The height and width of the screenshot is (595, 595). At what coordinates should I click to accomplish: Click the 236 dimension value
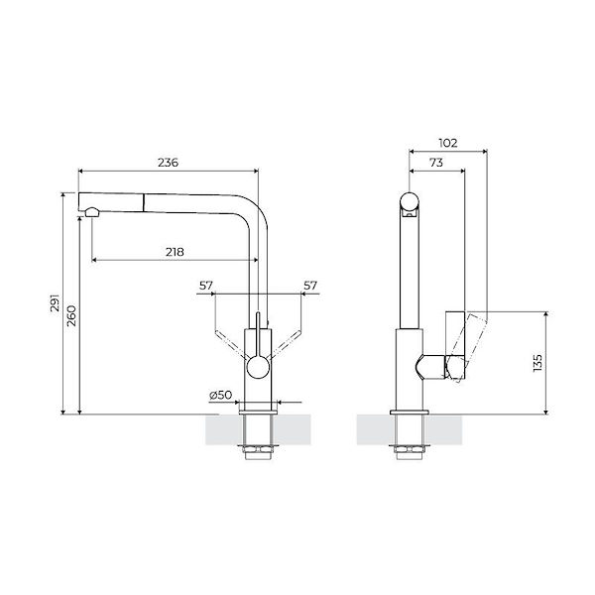[168, 163]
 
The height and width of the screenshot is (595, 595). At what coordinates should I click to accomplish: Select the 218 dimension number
[175, 252]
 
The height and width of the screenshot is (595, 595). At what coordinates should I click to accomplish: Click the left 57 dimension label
[205, 286]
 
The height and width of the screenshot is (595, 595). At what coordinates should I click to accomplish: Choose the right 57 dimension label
[309, 286]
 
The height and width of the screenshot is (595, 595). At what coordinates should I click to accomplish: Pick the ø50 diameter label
[220, 395]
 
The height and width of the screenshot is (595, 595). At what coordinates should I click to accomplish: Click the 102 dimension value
[447, 143]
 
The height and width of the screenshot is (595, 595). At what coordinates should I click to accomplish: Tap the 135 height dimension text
[537, 362]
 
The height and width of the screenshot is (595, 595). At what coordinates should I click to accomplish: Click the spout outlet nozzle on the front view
[91, 211]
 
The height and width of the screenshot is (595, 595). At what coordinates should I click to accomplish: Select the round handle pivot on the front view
[257, 367]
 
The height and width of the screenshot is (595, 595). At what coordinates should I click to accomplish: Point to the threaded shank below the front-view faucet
[257, 436]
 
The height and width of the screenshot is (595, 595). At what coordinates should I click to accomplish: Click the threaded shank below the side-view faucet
[410, 436]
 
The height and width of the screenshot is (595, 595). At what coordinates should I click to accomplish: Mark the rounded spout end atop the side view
[410, 204]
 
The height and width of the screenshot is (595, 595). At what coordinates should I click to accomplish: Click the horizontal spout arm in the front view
[169, 200]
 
